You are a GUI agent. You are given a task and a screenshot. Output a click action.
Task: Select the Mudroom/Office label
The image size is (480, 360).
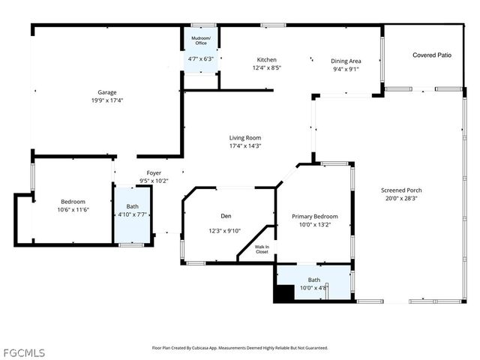tap(201, 40)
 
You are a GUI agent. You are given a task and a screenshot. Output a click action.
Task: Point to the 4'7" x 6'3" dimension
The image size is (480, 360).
tap(200, 58)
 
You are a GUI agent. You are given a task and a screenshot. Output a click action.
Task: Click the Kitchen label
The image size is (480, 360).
tap(266, 60)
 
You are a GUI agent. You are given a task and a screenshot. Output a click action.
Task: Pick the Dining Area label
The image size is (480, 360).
tap(346, 61)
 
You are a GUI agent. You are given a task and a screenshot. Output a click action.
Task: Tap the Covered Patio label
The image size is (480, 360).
tap(432, 55)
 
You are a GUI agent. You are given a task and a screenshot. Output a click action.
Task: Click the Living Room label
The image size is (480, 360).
tap(244, 138)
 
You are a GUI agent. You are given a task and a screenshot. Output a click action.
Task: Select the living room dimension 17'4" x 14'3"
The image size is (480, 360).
tap(244, 146)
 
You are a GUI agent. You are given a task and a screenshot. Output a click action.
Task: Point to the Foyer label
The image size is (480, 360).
tap(154, 172)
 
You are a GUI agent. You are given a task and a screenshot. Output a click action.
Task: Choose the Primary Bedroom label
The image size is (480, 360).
tap(314, 216)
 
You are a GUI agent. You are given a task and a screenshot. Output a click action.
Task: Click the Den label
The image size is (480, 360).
tap(226, 216)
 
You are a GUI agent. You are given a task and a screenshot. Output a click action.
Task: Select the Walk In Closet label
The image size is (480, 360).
tap(262, 250)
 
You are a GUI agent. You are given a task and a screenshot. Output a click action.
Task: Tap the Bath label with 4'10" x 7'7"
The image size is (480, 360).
tap(132, 206)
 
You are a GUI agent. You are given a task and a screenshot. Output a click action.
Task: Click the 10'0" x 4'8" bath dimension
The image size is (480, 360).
tap(313, 287)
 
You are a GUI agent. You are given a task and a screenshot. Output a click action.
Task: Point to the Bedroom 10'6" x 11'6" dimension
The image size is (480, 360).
tap(73, 210)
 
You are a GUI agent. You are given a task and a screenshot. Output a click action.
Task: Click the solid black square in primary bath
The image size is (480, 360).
tap(284, 294)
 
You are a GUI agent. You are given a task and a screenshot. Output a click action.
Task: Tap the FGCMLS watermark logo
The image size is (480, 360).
tap(23, 352)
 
